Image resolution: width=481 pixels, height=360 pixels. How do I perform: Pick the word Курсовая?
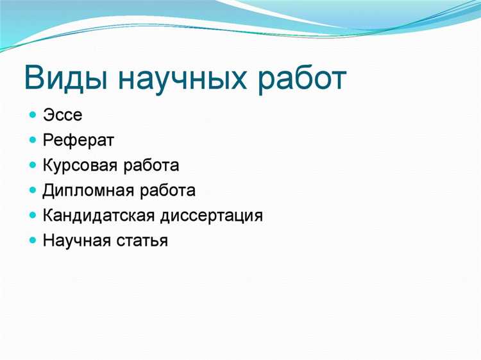click(81, 166)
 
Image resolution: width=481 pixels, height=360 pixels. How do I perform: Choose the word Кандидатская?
click(101, 215)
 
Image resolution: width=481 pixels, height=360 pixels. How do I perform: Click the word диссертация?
click(214, 215)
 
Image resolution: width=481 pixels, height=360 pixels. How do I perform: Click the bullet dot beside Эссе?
click(33, 116)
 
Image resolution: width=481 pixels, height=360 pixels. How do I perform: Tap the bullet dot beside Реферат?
click(33, 140)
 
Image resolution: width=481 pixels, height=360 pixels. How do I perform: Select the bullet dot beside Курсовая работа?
click(33, 166)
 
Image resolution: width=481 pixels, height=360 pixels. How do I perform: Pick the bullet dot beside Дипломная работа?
click(33, 191)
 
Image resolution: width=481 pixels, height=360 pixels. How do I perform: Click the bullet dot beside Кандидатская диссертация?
click(33, 215)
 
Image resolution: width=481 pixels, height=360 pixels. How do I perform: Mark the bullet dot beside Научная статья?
click(33, 241)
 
